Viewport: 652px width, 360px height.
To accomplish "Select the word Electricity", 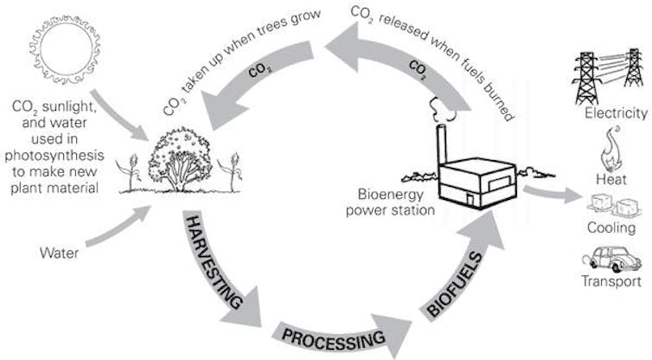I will click(x=616, y=113).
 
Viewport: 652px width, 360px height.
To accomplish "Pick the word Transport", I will click(x=612, y=281).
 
